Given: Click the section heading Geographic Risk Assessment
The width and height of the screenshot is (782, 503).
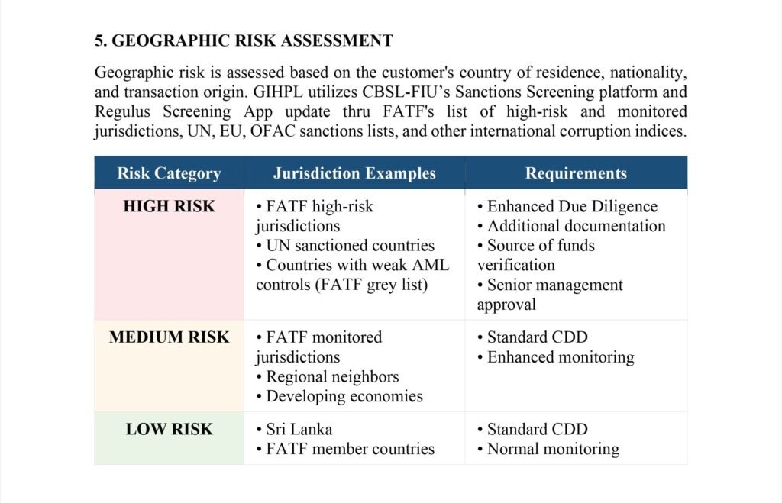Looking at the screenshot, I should [x=244, y=40].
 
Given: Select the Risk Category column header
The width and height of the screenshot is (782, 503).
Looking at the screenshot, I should [x=169, y=173].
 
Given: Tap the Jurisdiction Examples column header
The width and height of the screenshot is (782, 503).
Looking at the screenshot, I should [x=354, y=173].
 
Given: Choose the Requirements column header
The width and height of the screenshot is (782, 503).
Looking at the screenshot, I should [x=576, y=173].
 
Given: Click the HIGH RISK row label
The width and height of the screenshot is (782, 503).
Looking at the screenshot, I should [x=169, y=206].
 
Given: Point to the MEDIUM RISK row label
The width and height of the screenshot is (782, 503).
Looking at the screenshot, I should [x=169, y=337].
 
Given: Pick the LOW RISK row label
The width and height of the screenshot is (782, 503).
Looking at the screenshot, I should [x=169, y=429].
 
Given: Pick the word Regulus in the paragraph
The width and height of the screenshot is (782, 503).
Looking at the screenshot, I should [x=125, y=111].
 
